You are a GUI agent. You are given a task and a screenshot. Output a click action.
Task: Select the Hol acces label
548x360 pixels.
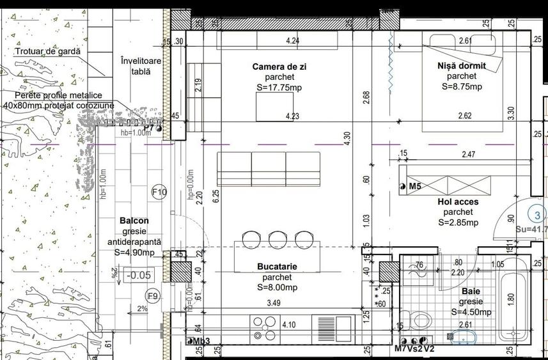[x=458, y=201]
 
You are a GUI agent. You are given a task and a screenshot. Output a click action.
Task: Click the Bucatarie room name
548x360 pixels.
[x=276, y=266]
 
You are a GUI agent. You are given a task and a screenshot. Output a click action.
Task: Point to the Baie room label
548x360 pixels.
[x=471, y=291]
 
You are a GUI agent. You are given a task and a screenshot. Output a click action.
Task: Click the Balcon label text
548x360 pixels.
[x=134, y=221]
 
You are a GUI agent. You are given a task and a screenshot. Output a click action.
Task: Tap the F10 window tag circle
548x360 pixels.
[x=159, y=192]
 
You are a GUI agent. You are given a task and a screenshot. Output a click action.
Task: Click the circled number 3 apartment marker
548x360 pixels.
[x=537, y=215]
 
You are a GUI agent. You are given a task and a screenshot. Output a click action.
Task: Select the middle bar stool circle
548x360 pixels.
[x=276, y=240]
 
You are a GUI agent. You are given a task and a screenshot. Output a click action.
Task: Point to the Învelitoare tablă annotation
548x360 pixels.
[x=141, y=66]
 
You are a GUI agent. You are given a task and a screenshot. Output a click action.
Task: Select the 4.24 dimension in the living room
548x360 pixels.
[x=293, y=42]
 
